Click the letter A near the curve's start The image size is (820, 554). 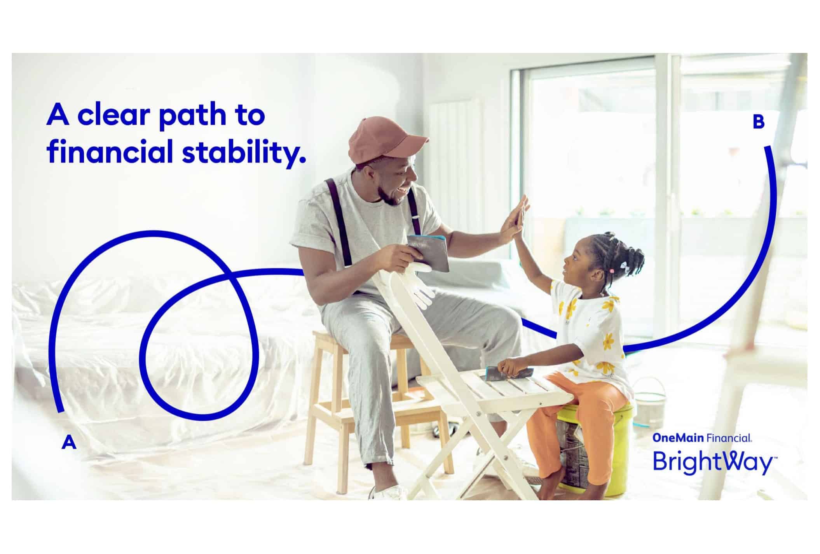coord(69,442)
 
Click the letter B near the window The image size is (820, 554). coord(758,122)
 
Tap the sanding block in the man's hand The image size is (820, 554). coord(427,252)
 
